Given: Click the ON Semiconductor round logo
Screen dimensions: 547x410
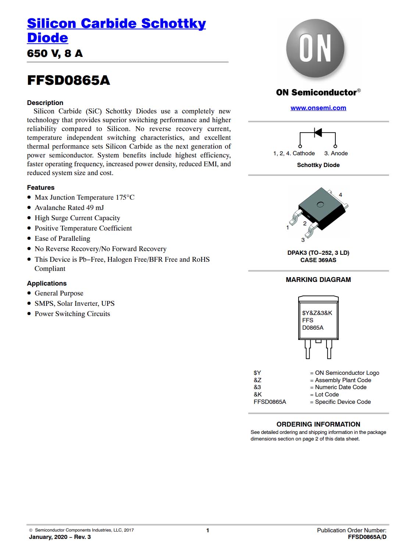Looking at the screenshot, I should [x=315, y=48].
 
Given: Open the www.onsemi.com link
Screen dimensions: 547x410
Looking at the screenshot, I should [x=318, y=108].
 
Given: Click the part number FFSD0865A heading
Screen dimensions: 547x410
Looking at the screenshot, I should [x=68, y=80].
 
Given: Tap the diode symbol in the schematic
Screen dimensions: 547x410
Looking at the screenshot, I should [x=318, y=132].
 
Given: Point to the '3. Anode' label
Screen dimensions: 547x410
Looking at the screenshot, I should [x=336, y=153].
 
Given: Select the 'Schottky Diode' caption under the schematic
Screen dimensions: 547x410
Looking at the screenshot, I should [x=318, y=165].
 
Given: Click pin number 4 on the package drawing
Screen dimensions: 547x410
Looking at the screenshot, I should [x=341, y=195].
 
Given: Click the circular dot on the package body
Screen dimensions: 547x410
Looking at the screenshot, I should [x=320, y=204].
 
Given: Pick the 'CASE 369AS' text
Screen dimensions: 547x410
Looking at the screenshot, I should [x=318, y=260].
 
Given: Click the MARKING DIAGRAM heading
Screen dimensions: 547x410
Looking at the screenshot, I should [x=318, y=280].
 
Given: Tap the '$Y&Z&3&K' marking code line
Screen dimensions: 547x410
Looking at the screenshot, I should [x=317, y=313].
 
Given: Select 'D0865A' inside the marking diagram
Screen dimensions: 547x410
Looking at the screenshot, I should [x=313, y=328].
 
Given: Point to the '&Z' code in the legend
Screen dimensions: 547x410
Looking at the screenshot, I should [x=257, y=380].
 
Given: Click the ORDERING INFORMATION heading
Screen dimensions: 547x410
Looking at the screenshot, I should [x=318, y=424].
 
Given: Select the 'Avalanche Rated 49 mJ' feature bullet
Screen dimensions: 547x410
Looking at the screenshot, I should [x=69, y=208].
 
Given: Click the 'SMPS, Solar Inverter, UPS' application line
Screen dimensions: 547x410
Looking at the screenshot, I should [x=74, y=304].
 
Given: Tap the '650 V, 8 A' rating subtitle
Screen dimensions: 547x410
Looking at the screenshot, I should [x=55, y=54].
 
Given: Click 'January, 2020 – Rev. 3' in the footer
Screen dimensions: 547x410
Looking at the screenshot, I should [x=60, y=537].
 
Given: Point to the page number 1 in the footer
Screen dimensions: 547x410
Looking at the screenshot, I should [x=208, y=530].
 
